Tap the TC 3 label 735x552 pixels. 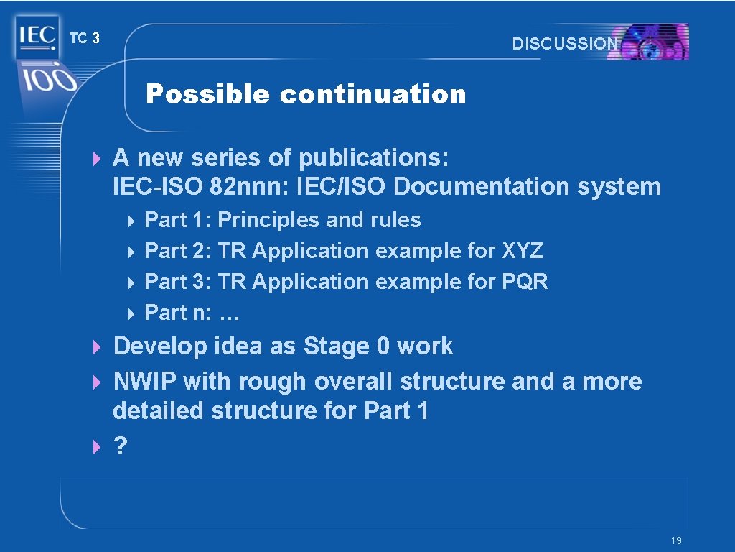click(84, 39)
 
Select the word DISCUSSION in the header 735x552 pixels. click(565, 44)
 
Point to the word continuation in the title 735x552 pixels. click(373, 94)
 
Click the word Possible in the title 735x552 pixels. click(207, 94)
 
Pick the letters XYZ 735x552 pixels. click(523, 251)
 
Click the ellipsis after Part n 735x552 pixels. click(229, 313)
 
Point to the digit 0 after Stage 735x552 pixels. click(383, 346)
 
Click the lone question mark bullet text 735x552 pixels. click(120, 446)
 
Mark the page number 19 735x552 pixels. click(676, 540)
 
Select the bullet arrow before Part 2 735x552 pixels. click(132, 252)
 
